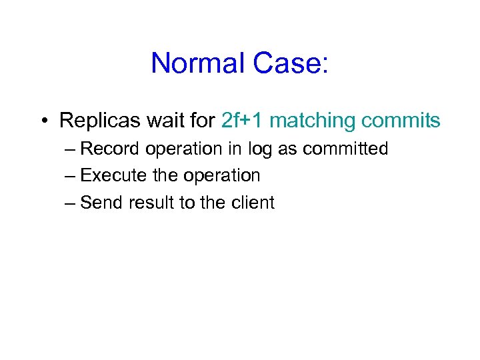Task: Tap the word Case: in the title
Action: pyautogui.click(x=291, y=63)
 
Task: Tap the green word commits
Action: pyautogui.click(x=401, y=121)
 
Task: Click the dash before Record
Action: pyautogui.click(x=71, y=149)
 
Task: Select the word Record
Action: pyautogui.click(x=110, y=149)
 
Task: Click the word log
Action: pyautogui.click(x=259, y=149)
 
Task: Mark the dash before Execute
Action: pyautogui.click(x=71, y=176)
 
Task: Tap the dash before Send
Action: pyautogui.click(x=71, y=203)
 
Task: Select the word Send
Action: pyautogui.click(x=101, y=202)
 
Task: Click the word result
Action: pyautogui.click(x=151, y=202)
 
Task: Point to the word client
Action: pyautogui.click(x=252, y=202)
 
